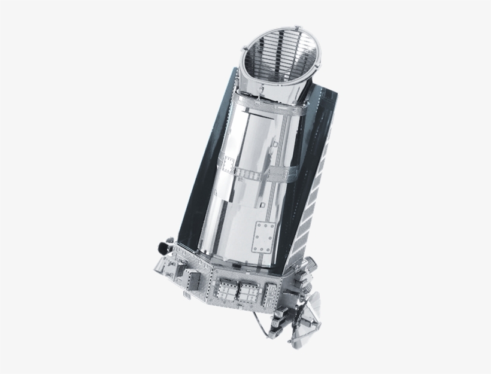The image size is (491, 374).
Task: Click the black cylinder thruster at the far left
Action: [x=162, y=245]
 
